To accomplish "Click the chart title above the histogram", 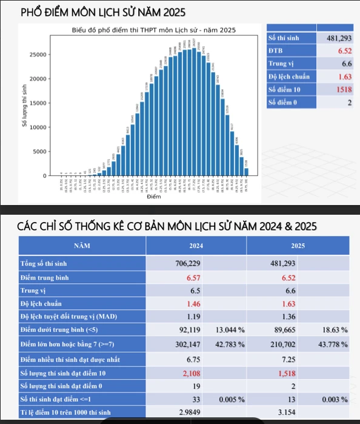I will tap(153, 30).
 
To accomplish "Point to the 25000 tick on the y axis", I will tap(38, 55).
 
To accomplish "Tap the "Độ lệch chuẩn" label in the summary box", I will tap(289, 76).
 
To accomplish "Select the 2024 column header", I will tap(196, 246).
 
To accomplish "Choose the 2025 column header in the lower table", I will tap(298, 246).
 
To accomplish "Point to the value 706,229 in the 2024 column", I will tap(187, 264).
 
